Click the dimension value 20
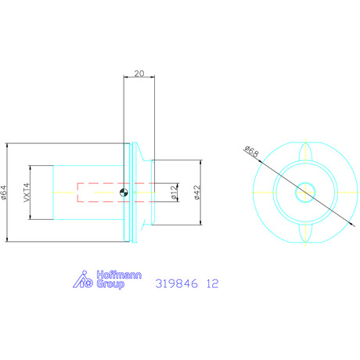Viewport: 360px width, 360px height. coord(139,74)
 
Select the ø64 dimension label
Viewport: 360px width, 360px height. coord(3,193)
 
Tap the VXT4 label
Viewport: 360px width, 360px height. coord(27,193)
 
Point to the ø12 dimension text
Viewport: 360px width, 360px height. coord(174,193)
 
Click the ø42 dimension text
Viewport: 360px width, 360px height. coord(197,193)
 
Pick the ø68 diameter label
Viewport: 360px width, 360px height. coord(252,152)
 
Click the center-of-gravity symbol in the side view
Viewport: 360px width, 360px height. coord(124,193)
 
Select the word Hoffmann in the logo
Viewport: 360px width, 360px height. coord(119,275)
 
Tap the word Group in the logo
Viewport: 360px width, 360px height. coord(110,284)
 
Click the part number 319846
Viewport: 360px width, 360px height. coord(177,283)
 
